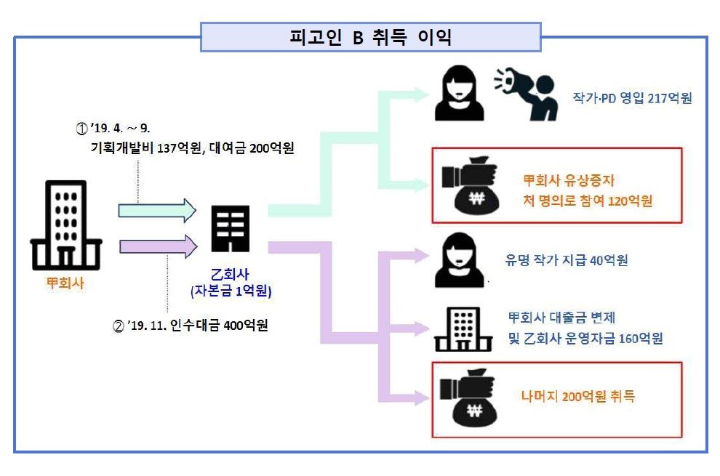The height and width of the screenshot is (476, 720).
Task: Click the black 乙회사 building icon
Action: tap(230, 229)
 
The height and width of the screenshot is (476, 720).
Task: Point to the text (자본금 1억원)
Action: tap(230, 293)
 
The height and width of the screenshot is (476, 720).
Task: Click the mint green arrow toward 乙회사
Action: tap(157, 211)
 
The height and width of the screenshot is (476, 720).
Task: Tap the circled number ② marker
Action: tap(119, 325)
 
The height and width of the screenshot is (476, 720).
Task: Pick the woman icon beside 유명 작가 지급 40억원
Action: tap(458, 259)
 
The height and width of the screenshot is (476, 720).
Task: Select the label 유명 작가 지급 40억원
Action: tap(567, 260)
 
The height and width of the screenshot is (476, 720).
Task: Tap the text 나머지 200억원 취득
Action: tap(577, 397)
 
